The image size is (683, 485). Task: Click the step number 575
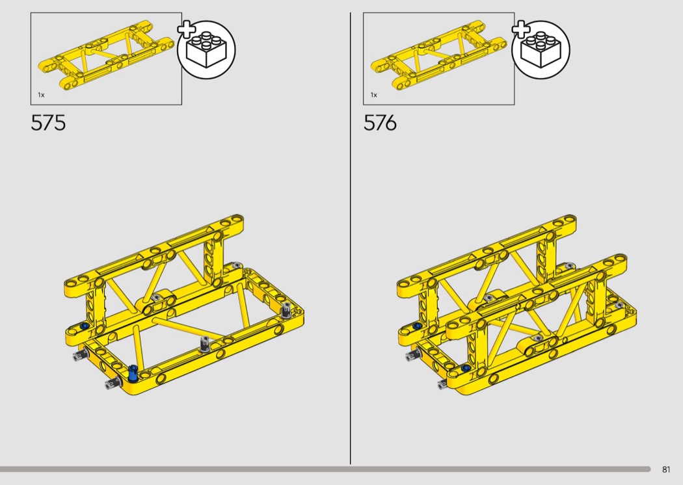pos(48,123)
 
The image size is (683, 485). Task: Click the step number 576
pos(381,123)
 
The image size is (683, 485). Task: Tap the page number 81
pos(666,469)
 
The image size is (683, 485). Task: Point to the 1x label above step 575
pos(42,95)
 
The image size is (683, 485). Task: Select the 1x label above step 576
pos(374,95)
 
